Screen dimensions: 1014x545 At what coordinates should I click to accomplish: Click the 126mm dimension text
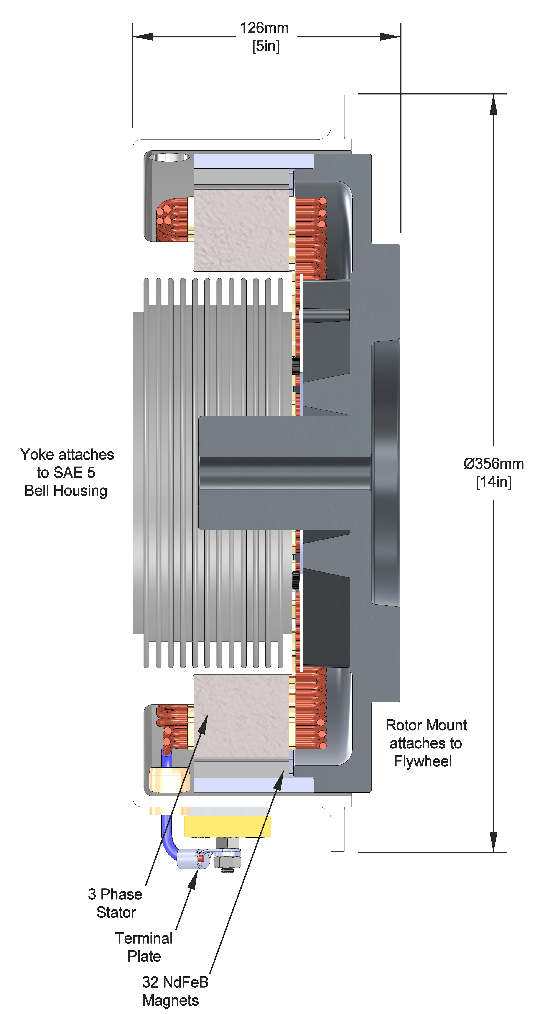264,28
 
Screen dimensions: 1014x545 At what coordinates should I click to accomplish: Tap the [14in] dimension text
494,482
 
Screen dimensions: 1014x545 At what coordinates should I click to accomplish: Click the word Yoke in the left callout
37,455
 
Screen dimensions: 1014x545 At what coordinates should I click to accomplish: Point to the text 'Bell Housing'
66,491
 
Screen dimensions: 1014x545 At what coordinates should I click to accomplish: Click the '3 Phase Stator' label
115,903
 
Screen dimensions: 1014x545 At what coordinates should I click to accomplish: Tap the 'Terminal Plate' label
144,947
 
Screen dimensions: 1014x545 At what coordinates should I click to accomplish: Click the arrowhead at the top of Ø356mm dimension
494,104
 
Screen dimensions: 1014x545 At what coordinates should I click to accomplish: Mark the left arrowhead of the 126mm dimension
143,37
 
